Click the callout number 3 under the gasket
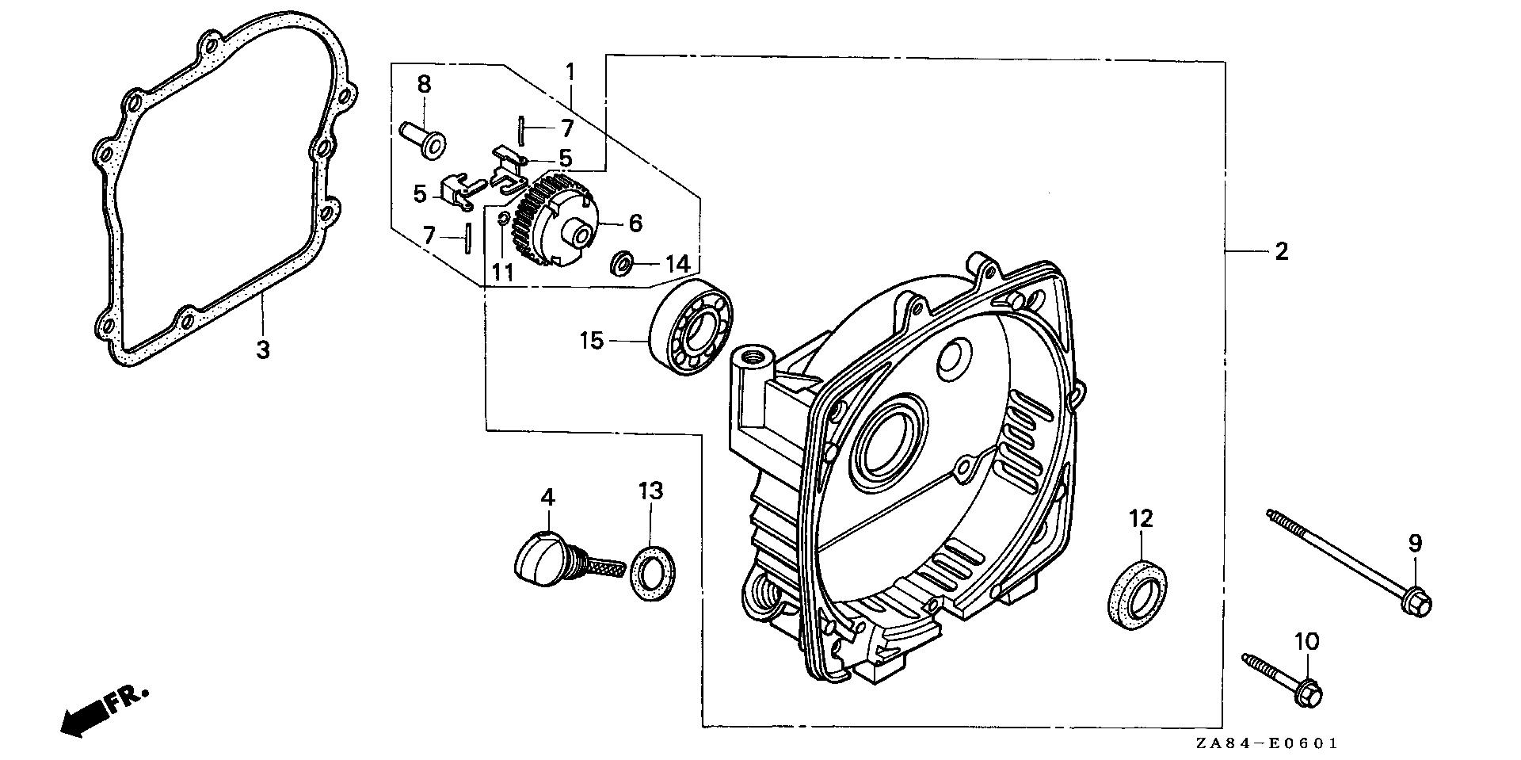point(262,349)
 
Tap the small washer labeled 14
point(622,262)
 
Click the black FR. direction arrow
point(87,716)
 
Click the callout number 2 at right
point(1281,252)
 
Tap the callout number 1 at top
point(569,72)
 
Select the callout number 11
point(502,273)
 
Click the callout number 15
point(591,341)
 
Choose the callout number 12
point(1141,519)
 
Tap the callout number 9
point(1415,544)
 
